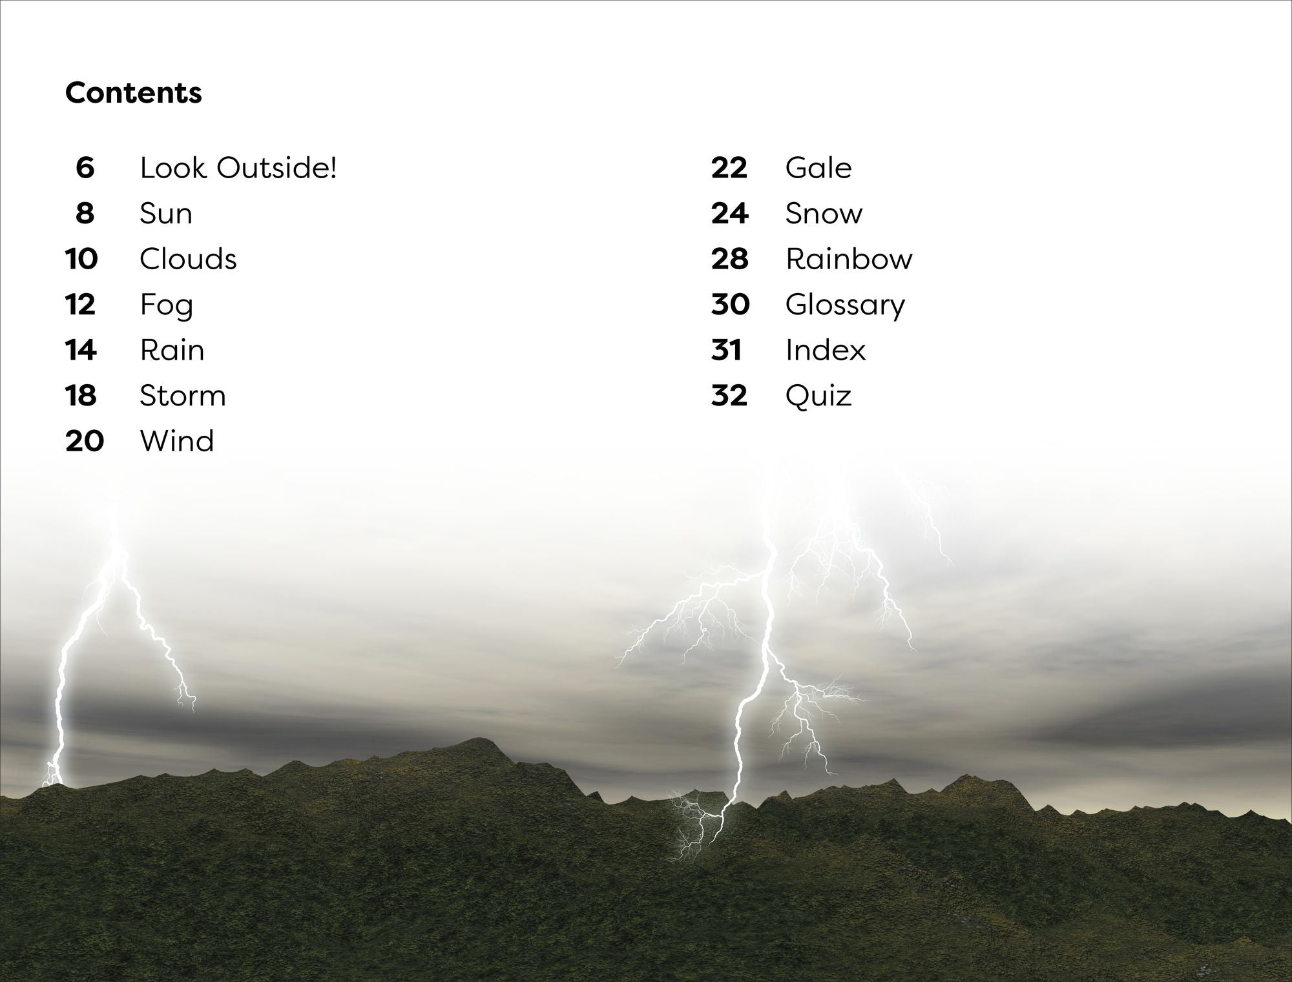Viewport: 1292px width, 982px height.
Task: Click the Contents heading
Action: (134, 93)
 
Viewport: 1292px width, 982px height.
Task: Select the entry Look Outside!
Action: (238, 168)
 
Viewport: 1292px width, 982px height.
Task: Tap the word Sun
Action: (166, 214)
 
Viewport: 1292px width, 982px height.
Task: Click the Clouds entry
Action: (188, 259)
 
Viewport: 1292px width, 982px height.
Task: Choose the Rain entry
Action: (172, 350)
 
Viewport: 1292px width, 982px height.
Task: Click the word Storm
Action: (183, 396)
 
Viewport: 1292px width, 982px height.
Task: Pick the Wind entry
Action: (177, 441)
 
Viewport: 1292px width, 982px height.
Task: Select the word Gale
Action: (818, 168)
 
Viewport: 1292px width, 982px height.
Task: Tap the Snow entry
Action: (824, 214)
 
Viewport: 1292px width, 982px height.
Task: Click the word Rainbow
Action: (849, 259)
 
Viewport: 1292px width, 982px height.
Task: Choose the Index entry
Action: (826, 350)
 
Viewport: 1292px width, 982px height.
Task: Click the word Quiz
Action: (818, 396)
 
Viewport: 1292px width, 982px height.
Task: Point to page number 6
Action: (85, 168)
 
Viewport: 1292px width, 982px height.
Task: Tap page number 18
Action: (81, 396)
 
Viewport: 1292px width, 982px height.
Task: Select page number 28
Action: (729, 259)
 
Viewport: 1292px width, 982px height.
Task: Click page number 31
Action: (725, 350)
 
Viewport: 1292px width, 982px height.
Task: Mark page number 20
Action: (85, 441)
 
